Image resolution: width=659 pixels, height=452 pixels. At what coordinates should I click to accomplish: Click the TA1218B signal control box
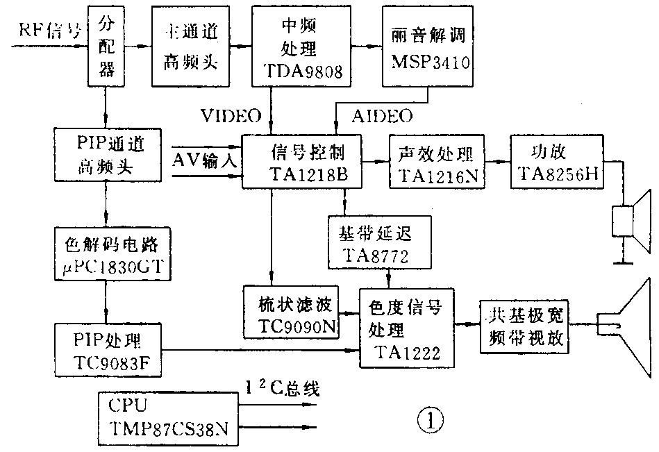click(x=302, y=162)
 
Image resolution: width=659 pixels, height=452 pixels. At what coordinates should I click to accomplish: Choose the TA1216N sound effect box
click(x=437, y=162)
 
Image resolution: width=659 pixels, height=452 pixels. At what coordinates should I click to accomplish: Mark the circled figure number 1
click(x=428, y=419)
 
